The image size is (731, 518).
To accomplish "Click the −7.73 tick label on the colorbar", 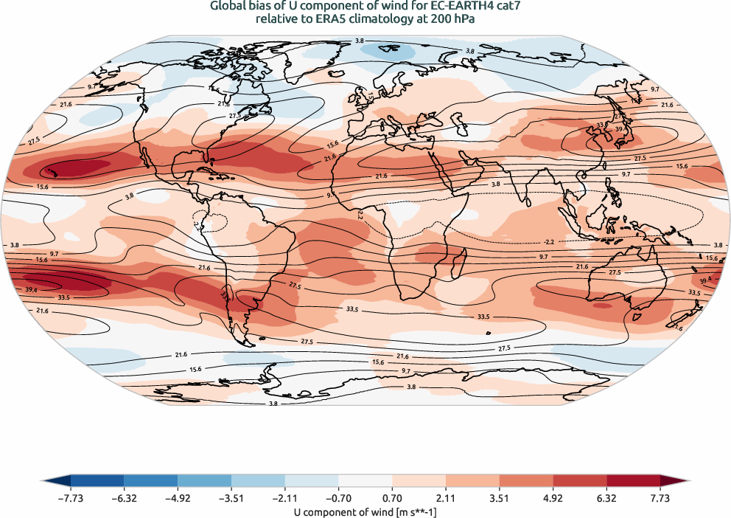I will (x=71, y=498).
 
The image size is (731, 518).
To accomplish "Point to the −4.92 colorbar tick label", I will (x=178, y=498).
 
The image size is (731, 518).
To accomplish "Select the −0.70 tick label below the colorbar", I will (x=284, y=498).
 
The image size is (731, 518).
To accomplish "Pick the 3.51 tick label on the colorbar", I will (x=499, y=498).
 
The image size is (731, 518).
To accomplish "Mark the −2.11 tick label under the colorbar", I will (x=231, y=498).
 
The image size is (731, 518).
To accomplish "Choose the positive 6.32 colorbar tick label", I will (x=606, y=498).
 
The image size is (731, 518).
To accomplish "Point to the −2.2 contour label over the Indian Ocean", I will (x=548, y=241).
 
